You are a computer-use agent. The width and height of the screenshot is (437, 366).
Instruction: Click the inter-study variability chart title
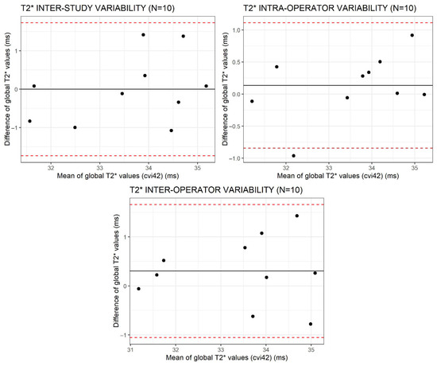pos(98,8)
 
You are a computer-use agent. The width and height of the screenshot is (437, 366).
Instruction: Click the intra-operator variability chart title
pos(330,8)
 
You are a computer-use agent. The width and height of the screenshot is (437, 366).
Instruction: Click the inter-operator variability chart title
pos(216,190)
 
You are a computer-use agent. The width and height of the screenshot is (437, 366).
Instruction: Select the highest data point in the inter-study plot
pos(143,35)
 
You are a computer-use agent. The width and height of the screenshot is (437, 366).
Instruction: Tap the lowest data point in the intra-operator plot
pos(293,156)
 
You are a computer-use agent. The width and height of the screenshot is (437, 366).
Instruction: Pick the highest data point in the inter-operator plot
pos(297,216)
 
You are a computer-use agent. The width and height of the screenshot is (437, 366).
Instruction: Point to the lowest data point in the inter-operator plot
pos(311,324)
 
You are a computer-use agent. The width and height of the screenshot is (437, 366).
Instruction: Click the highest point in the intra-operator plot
pos(412,35)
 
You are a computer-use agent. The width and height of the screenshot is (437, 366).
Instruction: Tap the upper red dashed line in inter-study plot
pos(118,22)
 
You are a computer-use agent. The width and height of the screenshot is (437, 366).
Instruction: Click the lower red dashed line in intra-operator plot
pos(338,148)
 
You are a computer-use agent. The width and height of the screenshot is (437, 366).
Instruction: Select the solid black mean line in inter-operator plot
pos(227,271)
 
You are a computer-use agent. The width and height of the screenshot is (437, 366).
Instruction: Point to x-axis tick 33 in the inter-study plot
pos(99,169)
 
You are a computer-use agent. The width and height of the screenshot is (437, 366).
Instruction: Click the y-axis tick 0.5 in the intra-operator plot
pos(238,62)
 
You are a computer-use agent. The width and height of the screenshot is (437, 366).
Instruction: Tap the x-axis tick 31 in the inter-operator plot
pos(130,350)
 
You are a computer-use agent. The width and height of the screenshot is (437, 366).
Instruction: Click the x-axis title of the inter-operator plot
pos(226,357)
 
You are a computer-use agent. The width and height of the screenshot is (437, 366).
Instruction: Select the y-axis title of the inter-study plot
pos(7,89)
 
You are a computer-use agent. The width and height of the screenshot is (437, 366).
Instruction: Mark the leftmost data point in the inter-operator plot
pos(138,289)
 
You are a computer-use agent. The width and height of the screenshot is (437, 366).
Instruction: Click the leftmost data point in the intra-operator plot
pos(252,101)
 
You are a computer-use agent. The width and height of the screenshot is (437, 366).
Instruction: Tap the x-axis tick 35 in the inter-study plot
pos(197,169)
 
